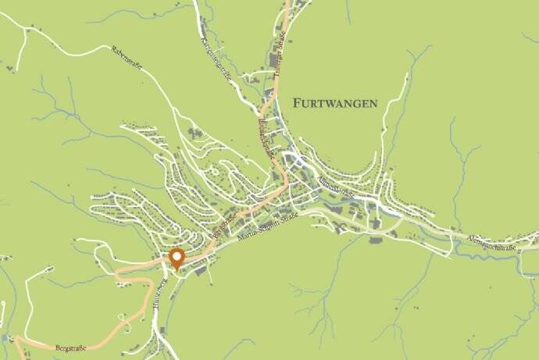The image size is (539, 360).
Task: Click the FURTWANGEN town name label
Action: click(335, 102)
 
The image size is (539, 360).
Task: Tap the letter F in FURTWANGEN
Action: click(296, 102)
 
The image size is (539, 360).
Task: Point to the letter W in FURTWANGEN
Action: click(327, 102)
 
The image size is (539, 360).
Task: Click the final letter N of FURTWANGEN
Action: click(373, 102)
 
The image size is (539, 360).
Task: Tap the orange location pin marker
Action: click(177, 259)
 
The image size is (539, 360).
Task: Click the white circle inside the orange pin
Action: click(177, 255)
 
